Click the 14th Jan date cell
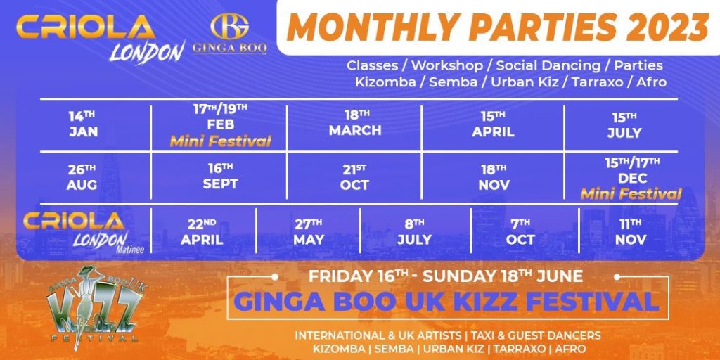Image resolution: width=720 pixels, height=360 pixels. (x=83, y=124)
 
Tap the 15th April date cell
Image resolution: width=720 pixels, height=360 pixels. (x=493, y=124)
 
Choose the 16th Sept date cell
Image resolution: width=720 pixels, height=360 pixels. (x=220, y=177)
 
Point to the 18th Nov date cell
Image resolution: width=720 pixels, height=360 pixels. (x=493, y=177)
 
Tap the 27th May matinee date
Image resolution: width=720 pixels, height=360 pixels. (x=309, y=232)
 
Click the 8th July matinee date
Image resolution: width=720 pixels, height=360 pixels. (x=414, y=232)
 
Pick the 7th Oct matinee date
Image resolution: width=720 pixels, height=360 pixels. (x=520, y=232)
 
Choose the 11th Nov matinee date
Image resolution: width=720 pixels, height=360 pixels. (x=630, y=232)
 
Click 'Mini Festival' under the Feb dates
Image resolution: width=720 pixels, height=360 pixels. (x=220, y=142)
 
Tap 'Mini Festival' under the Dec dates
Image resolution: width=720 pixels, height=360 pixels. (x=631, y=194)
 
